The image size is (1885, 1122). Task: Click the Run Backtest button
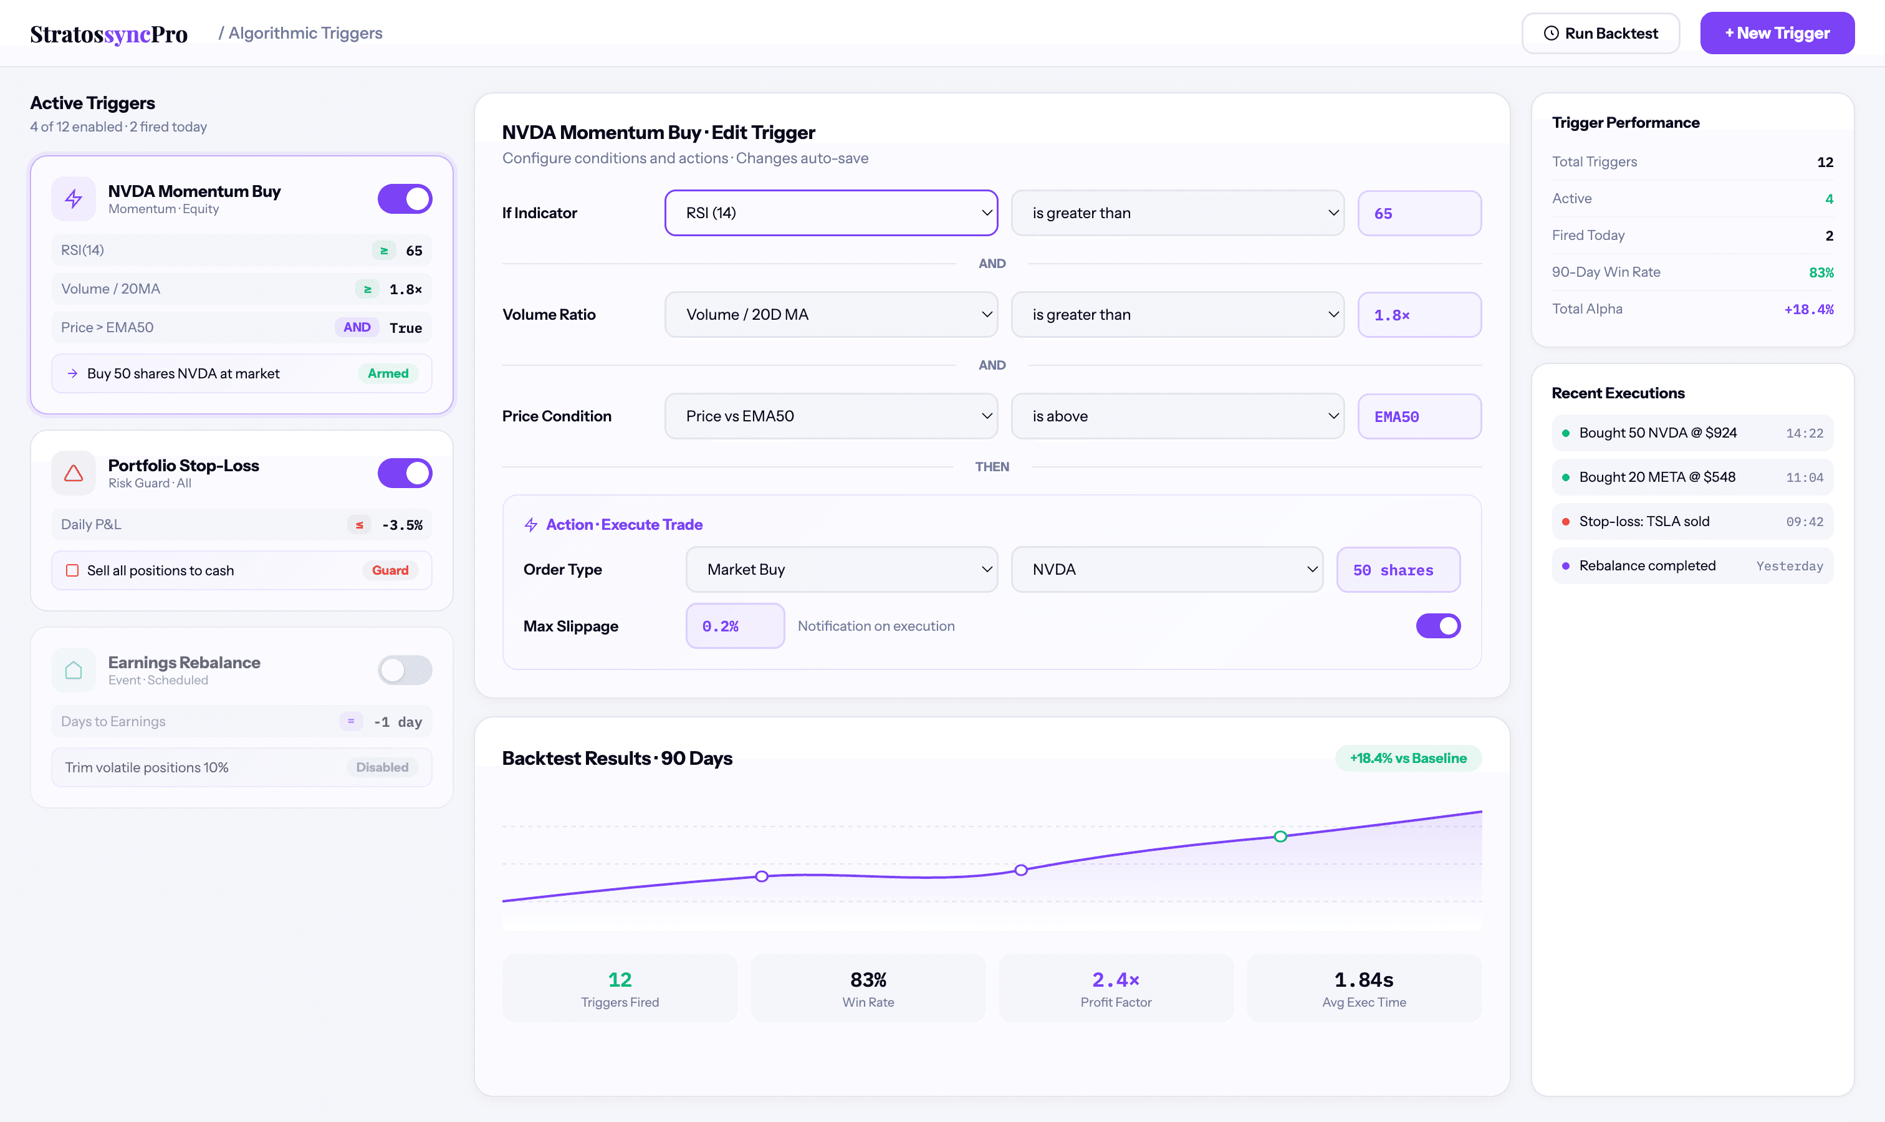[1600, 33]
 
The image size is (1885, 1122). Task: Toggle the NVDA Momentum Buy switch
[405, 199]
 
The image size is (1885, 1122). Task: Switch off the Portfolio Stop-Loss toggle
[405, 473]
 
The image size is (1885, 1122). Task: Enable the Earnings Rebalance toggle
[405, 670]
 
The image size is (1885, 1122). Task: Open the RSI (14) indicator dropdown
[830, 213]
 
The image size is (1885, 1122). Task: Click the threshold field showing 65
[1419, 213]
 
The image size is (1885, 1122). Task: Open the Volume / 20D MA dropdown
[830, 315]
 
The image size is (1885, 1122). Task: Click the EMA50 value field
[1419, 416]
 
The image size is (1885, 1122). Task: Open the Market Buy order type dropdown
[841, 569]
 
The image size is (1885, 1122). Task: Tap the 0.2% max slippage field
[734, 626]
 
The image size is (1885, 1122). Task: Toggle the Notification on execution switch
[1437, 626]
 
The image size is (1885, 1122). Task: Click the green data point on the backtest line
[1280, 837]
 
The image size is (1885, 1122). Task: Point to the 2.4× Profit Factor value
[1115, 980]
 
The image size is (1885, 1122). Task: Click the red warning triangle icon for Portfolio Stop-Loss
[74, 473]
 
